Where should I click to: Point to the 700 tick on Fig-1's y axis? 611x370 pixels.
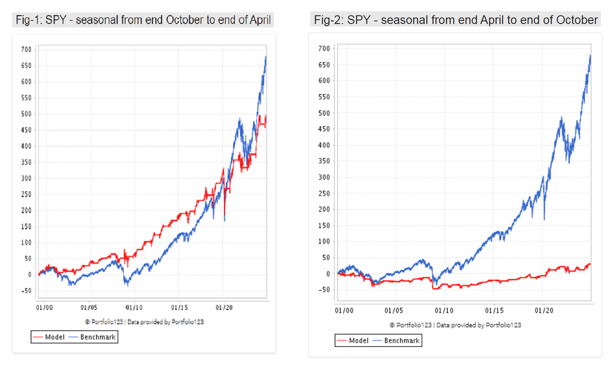click(x=27, y=50)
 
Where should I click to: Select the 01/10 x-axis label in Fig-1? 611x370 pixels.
click(x=134, y=308)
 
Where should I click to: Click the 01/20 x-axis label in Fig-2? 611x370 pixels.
click(x=544, y=311)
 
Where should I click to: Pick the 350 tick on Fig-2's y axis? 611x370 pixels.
click(x=324, y=161)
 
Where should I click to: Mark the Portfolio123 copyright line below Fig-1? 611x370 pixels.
click(x=144, y=322)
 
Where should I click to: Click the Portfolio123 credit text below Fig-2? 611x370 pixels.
click(x=455, y=325)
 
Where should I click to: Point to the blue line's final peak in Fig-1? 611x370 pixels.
click(x=266, y=56)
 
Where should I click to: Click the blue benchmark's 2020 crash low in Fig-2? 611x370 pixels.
click(x=544, y=219)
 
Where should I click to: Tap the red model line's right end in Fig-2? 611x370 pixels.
click(x=590, y=264)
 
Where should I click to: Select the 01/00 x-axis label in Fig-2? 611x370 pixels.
click(x=344, y=311)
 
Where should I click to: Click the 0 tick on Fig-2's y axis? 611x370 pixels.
click(x=328, y=274)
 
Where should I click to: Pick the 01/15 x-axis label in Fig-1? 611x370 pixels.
click(x=179, y=308)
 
